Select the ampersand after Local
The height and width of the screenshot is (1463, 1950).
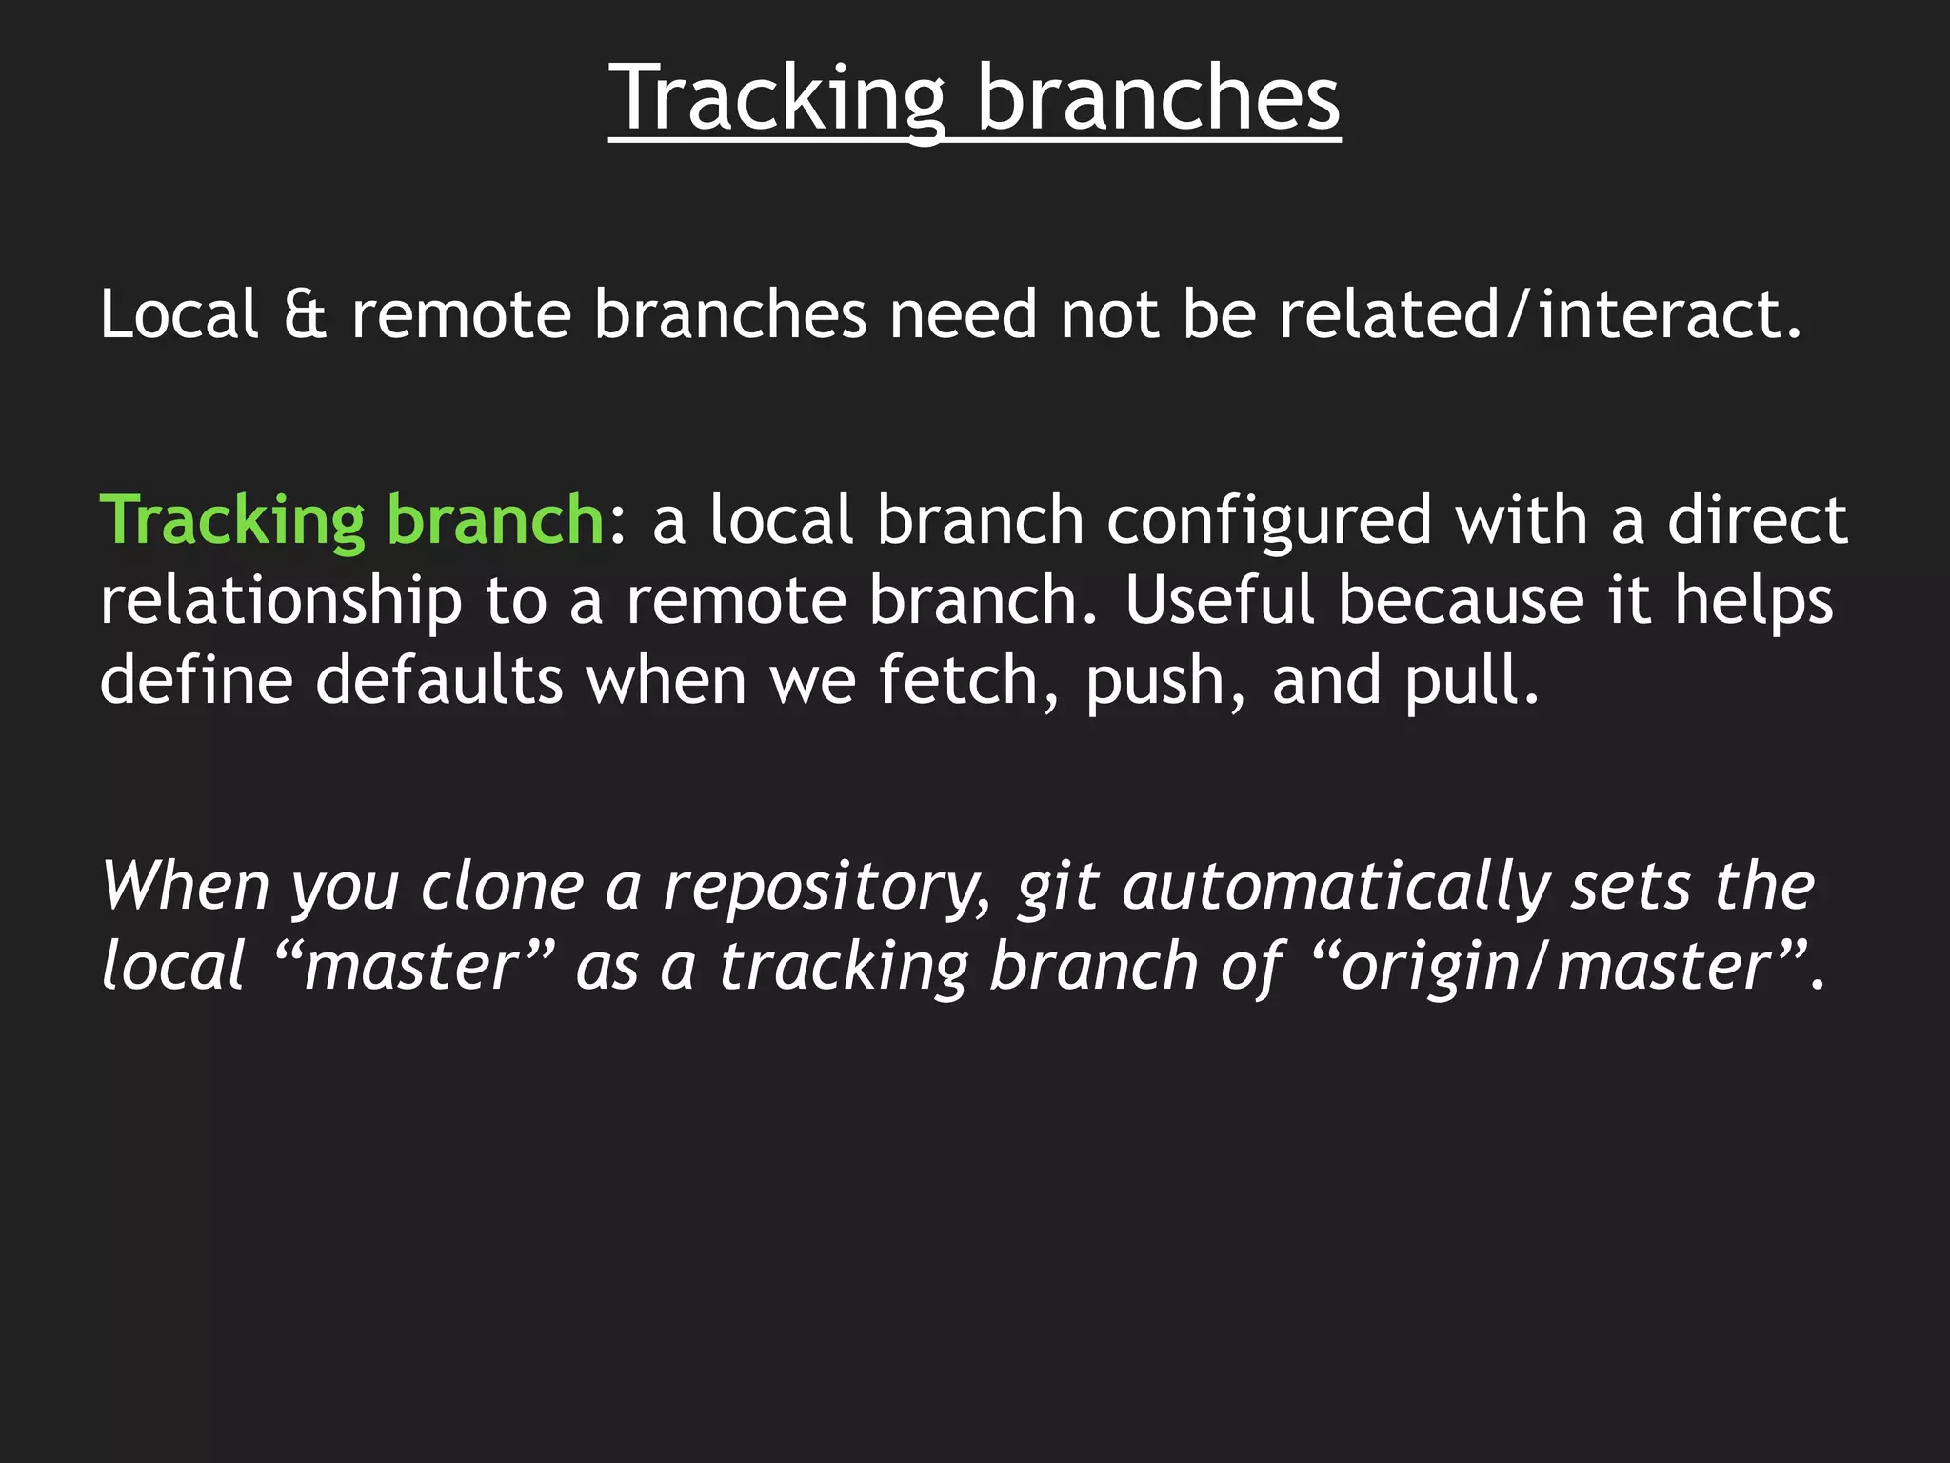[305, 314]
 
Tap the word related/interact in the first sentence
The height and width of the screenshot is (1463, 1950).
[1540, 314]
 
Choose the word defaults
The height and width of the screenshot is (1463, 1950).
[439, 680]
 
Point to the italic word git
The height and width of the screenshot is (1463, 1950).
[1058, 888]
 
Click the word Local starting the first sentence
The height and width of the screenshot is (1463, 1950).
[179, 314]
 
